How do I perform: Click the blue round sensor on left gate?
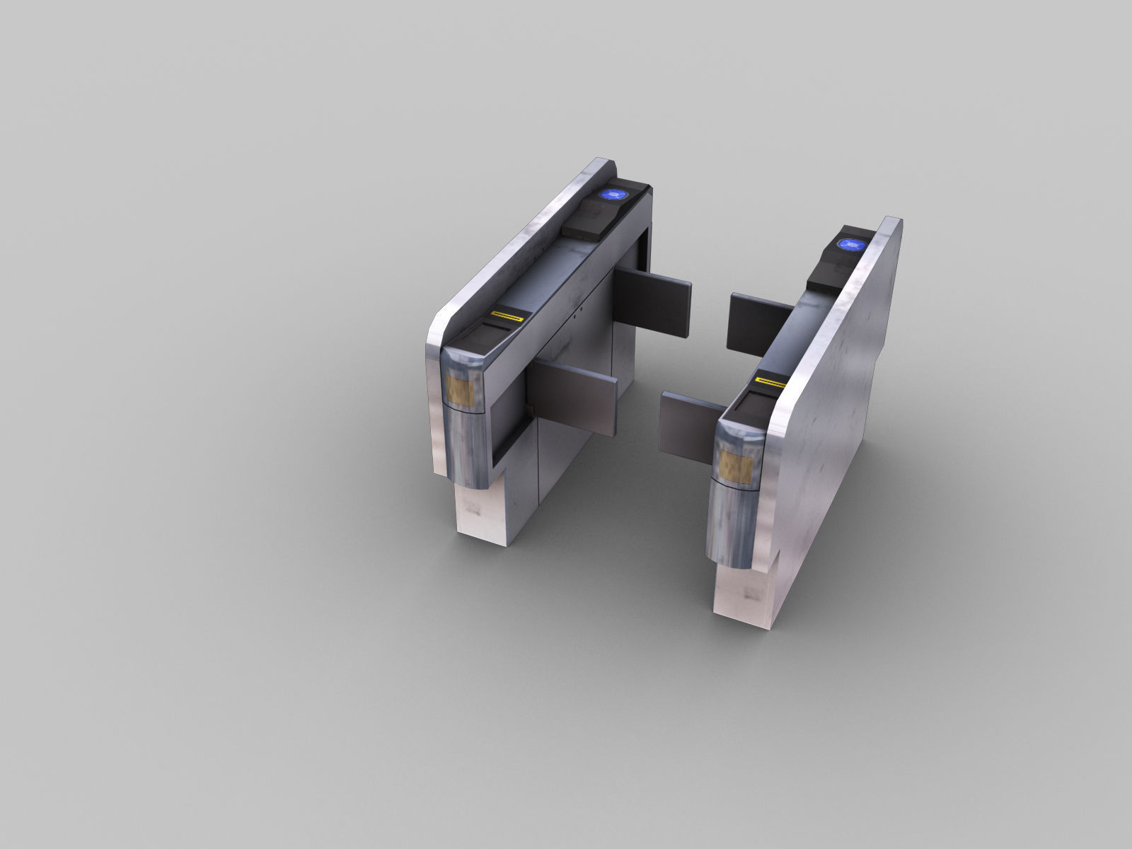pyautogui.click(x=611, y=195)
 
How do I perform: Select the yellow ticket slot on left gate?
pyautogui.click(x=508, y=316)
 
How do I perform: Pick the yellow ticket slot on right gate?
pyautogui.click(x=768, y=383)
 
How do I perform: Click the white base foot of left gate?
pyautogui.click(x=481, y=520)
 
